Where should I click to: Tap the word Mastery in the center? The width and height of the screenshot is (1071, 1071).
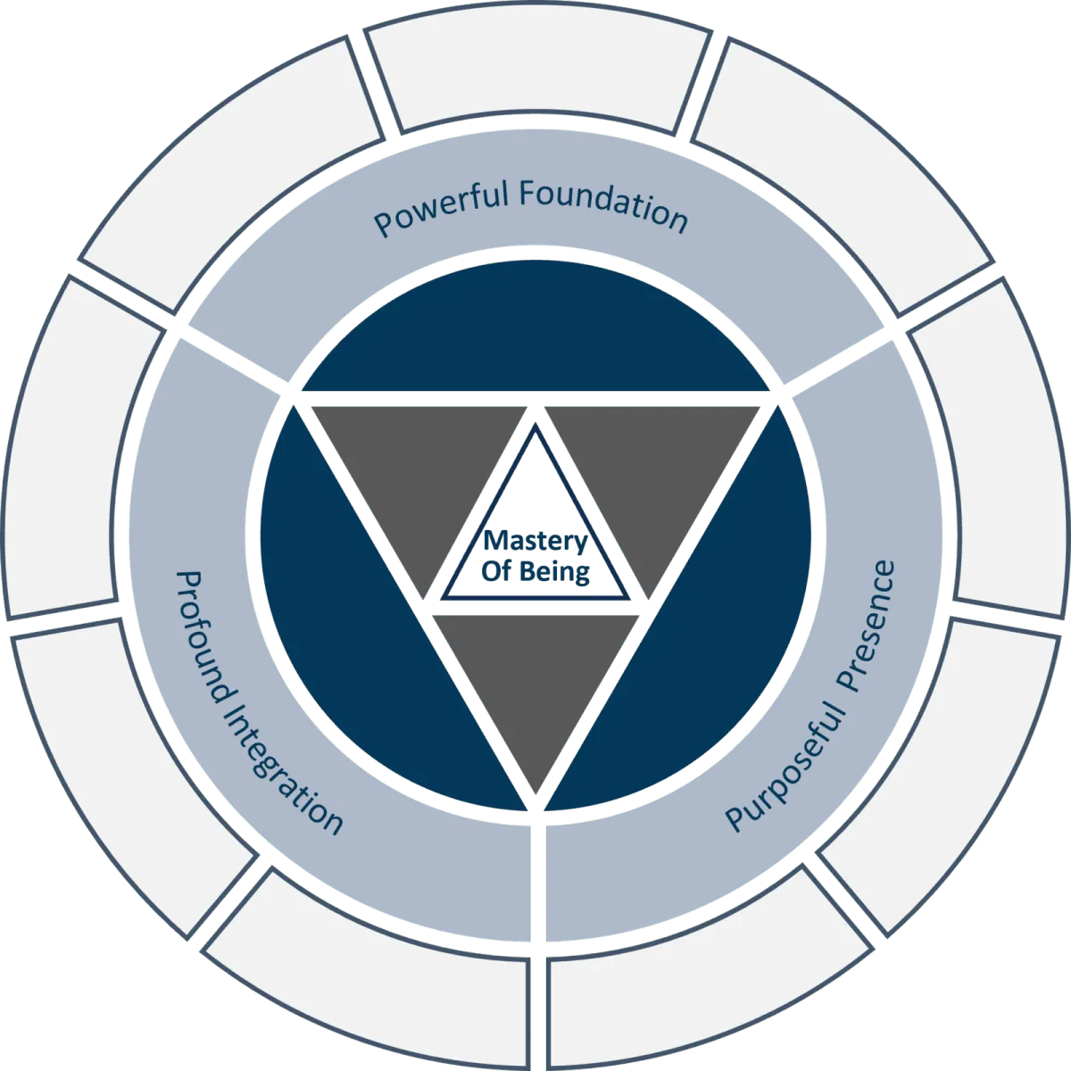coord(535,543)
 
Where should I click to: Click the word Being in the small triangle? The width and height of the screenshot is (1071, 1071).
coord(556,571)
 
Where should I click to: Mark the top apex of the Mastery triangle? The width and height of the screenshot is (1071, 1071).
coord(535,427)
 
